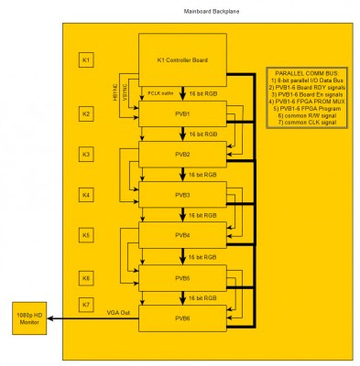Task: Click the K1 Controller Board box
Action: coord(182,60)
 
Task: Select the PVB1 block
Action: coord(182,114)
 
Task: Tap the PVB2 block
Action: coord(182,155)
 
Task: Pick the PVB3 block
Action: coord(182,195)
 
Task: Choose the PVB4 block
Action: coord(182,235)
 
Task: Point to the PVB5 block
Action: coord(182,276)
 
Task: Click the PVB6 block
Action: coord(182,317)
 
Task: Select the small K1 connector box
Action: coord(86,60)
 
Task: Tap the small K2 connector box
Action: coord(86,114)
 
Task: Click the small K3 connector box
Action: coord(86,154)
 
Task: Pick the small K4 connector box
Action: coord(86,195)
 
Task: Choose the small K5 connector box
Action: coord(86,235)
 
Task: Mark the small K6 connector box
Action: coord(86,276)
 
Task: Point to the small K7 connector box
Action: coord(86,303)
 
